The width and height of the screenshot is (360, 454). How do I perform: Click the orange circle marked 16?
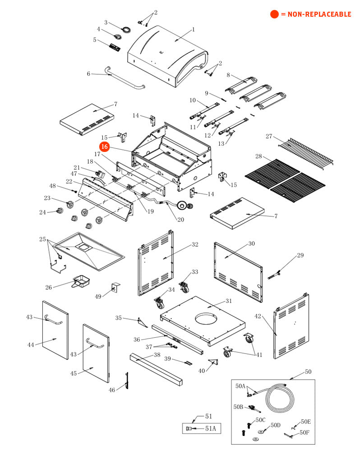105,147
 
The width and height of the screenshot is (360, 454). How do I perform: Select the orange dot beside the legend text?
274,14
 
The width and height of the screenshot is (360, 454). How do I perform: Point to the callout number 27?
269,136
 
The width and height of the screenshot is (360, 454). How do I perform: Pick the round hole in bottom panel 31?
209,319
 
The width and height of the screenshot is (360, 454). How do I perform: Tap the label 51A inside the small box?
211,428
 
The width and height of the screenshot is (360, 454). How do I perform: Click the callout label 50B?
239,407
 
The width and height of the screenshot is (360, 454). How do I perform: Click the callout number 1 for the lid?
193,30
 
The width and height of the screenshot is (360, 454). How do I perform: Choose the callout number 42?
258,316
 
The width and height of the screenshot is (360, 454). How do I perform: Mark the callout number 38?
157,355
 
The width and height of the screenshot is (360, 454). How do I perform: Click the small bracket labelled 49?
115,287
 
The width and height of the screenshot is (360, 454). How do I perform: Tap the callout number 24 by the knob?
42,212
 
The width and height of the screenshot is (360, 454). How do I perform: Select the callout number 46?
112,390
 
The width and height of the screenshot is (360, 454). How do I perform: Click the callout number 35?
119,318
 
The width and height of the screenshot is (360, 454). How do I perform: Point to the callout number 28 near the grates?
258,156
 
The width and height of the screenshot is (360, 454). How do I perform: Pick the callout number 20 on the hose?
180,220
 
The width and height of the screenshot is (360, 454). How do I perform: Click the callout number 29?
300,256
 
